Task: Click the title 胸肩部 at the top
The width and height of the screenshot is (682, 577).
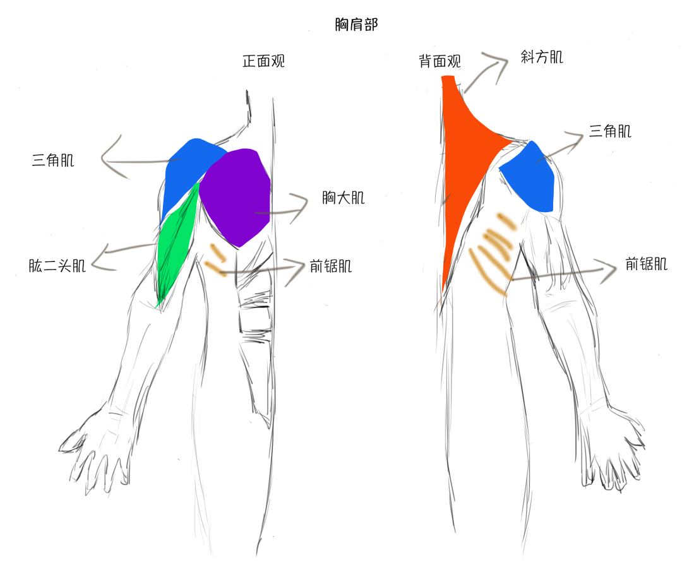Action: (x=357, y=25)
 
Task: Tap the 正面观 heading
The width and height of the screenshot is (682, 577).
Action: (x=263, y=61)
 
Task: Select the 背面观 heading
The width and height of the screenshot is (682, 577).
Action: (x=440, y=61)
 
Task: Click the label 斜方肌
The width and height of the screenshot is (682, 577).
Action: (x=542, y=57)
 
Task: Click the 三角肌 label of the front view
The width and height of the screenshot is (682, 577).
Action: (x=52, y=160)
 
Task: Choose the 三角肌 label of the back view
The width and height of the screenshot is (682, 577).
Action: (x=609, y=131)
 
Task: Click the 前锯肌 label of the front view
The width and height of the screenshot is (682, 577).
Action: (x=330, y=266)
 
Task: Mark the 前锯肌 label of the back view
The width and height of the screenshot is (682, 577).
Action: (x=646, y=264)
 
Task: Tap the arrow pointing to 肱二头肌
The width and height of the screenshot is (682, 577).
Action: (x=120, y=255)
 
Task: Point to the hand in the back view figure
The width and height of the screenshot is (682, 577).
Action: (x=612, y=451)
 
